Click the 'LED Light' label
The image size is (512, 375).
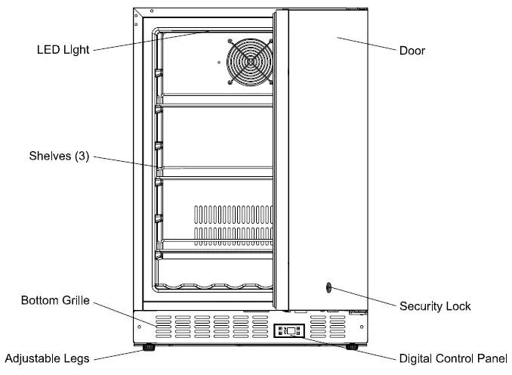[63, 50]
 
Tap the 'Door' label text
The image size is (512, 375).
[412, 51]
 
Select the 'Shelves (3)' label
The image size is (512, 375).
[59, 157]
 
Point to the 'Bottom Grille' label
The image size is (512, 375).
[55, 301]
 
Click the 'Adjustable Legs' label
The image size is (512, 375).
[47, 358]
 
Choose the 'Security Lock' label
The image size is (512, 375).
[435, 306]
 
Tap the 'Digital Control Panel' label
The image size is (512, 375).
[453, 358]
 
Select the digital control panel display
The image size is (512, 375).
[290, 331]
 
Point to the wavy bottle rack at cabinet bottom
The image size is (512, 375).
[211, 287]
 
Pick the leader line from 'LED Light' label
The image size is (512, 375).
[151, 41]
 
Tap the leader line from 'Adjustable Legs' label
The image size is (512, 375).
[118, 353]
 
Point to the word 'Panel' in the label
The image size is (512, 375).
[492, 358]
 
